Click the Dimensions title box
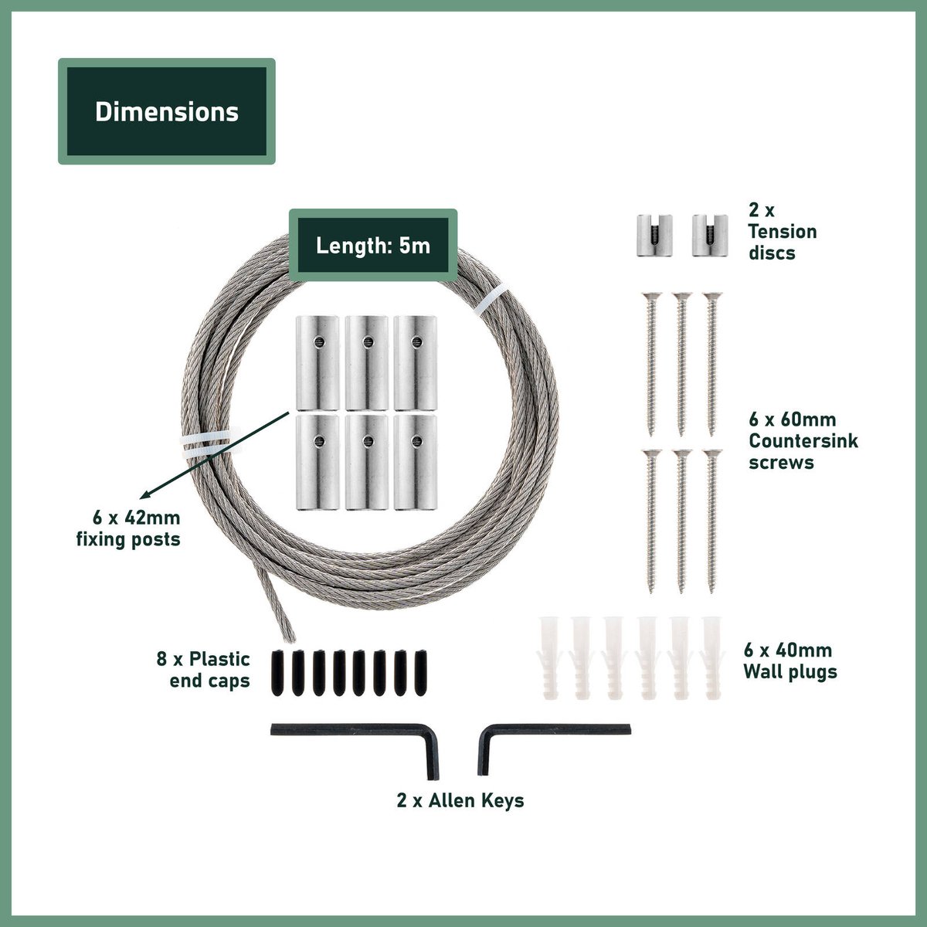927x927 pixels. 166,111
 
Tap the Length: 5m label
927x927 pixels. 373,246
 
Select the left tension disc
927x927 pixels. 654,236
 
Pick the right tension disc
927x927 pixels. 710,236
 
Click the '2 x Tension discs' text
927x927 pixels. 783,232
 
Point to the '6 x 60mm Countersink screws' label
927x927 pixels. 803,440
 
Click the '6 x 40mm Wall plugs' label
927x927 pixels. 790,661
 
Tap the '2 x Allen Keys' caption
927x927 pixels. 460,801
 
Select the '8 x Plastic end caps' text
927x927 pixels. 203,670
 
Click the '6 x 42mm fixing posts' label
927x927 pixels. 128,528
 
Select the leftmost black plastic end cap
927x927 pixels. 277,673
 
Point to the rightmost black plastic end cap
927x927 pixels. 421,673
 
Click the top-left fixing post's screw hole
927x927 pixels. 319,342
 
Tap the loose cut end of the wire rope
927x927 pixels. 290,638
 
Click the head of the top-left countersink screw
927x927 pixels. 651,295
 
